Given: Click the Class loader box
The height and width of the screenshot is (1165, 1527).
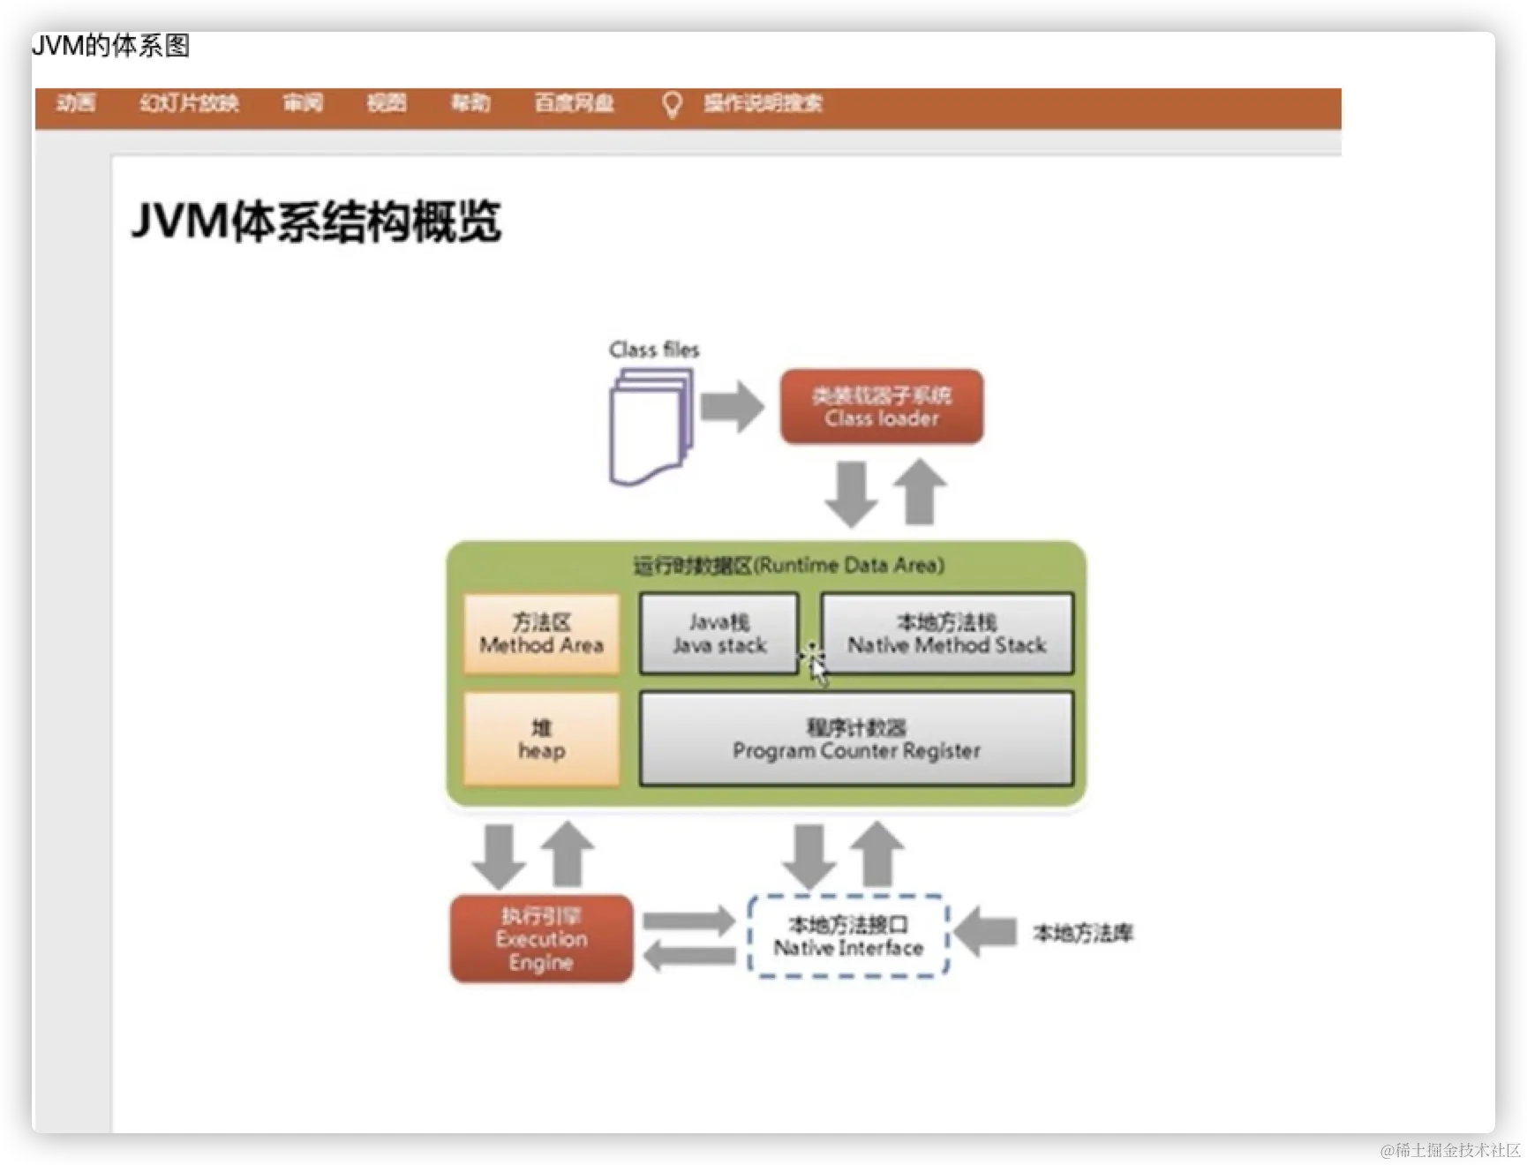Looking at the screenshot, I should [881, 407].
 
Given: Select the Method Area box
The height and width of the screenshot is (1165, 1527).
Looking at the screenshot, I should [541, 634].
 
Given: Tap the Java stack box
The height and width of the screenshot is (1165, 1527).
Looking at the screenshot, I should [718, 634].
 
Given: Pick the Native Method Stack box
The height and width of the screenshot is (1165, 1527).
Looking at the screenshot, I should [946, 634].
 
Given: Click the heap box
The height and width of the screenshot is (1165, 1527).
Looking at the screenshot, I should [541, 740].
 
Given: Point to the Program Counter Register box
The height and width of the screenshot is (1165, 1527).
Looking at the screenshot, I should [856, 740].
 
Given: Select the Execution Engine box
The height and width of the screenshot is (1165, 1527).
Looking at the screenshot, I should [541, 939].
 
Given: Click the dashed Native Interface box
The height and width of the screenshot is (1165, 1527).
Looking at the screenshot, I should [847, 936].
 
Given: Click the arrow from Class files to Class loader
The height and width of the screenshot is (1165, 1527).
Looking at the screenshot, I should [732, 407].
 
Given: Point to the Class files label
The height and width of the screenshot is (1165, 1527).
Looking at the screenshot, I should [654, 349].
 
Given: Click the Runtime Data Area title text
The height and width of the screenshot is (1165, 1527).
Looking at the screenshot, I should [788, 565].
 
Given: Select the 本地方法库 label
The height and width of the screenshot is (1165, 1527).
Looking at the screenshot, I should [1083, 933].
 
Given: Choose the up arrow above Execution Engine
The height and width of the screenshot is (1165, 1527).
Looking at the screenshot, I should [568, 854].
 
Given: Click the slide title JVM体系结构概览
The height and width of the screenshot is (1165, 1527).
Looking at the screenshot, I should [316, 222].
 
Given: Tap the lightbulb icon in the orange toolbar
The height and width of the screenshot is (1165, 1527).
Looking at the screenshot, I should [672, 105].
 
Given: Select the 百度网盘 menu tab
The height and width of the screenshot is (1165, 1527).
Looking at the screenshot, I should [574, 103].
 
